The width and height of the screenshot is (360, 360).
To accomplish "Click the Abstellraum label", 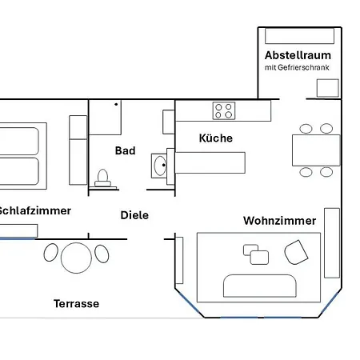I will [x=298, y=55].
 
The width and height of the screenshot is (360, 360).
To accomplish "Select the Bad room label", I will [x=126, y=150].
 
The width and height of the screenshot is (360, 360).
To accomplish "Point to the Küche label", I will [x=216, y=138].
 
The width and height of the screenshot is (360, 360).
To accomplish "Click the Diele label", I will [x=134, y=215].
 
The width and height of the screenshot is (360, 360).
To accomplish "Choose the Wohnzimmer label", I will [x=280, y=220].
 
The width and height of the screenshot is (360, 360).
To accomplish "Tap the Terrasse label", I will [x=76, y=304].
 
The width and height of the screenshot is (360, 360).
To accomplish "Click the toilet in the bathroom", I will [x=102, y=177].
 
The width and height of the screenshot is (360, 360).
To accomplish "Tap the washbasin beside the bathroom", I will [x=159, y=167].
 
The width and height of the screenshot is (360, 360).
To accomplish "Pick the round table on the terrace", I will [x=76, y=256].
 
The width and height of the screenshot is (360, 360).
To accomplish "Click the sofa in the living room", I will [x=260, y=286].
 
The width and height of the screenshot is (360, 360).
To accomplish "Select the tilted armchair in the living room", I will [x=297, y=251].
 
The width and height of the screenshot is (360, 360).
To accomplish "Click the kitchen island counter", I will [x=210, y=162].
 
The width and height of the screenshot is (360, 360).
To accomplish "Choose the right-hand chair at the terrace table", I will [x=101, y=254].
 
